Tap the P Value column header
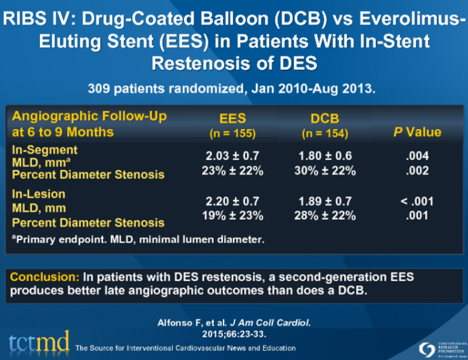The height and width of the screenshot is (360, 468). [417, 132]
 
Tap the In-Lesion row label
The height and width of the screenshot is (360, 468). [39, 194]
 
